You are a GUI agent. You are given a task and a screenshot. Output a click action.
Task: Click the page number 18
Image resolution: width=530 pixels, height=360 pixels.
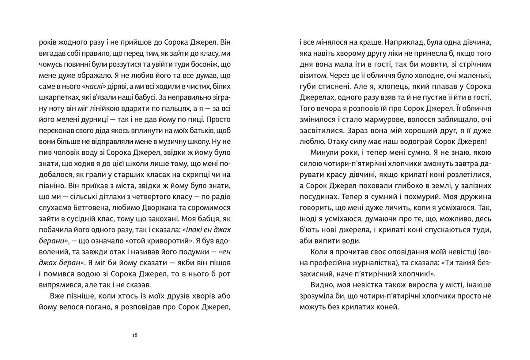(135, 335)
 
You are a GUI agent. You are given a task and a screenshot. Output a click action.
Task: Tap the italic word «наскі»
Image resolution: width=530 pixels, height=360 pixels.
(94, 87)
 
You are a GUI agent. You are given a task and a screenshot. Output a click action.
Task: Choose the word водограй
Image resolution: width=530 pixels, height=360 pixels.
(412, 142)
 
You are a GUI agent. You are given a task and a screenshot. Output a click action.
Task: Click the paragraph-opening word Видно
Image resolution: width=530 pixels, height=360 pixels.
(321, 285)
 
